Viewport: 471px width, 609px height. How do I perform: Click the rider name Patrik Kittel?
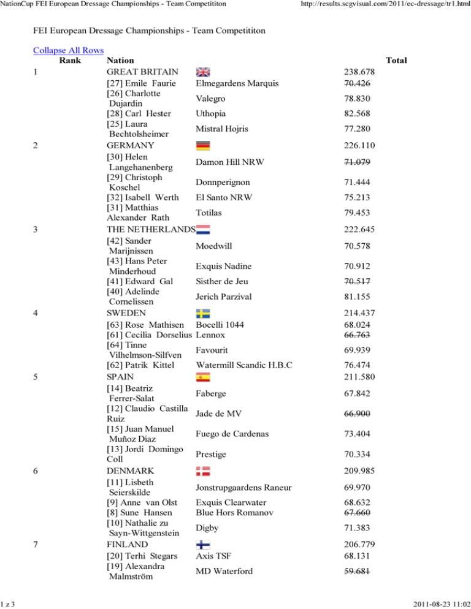[144, 366]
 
